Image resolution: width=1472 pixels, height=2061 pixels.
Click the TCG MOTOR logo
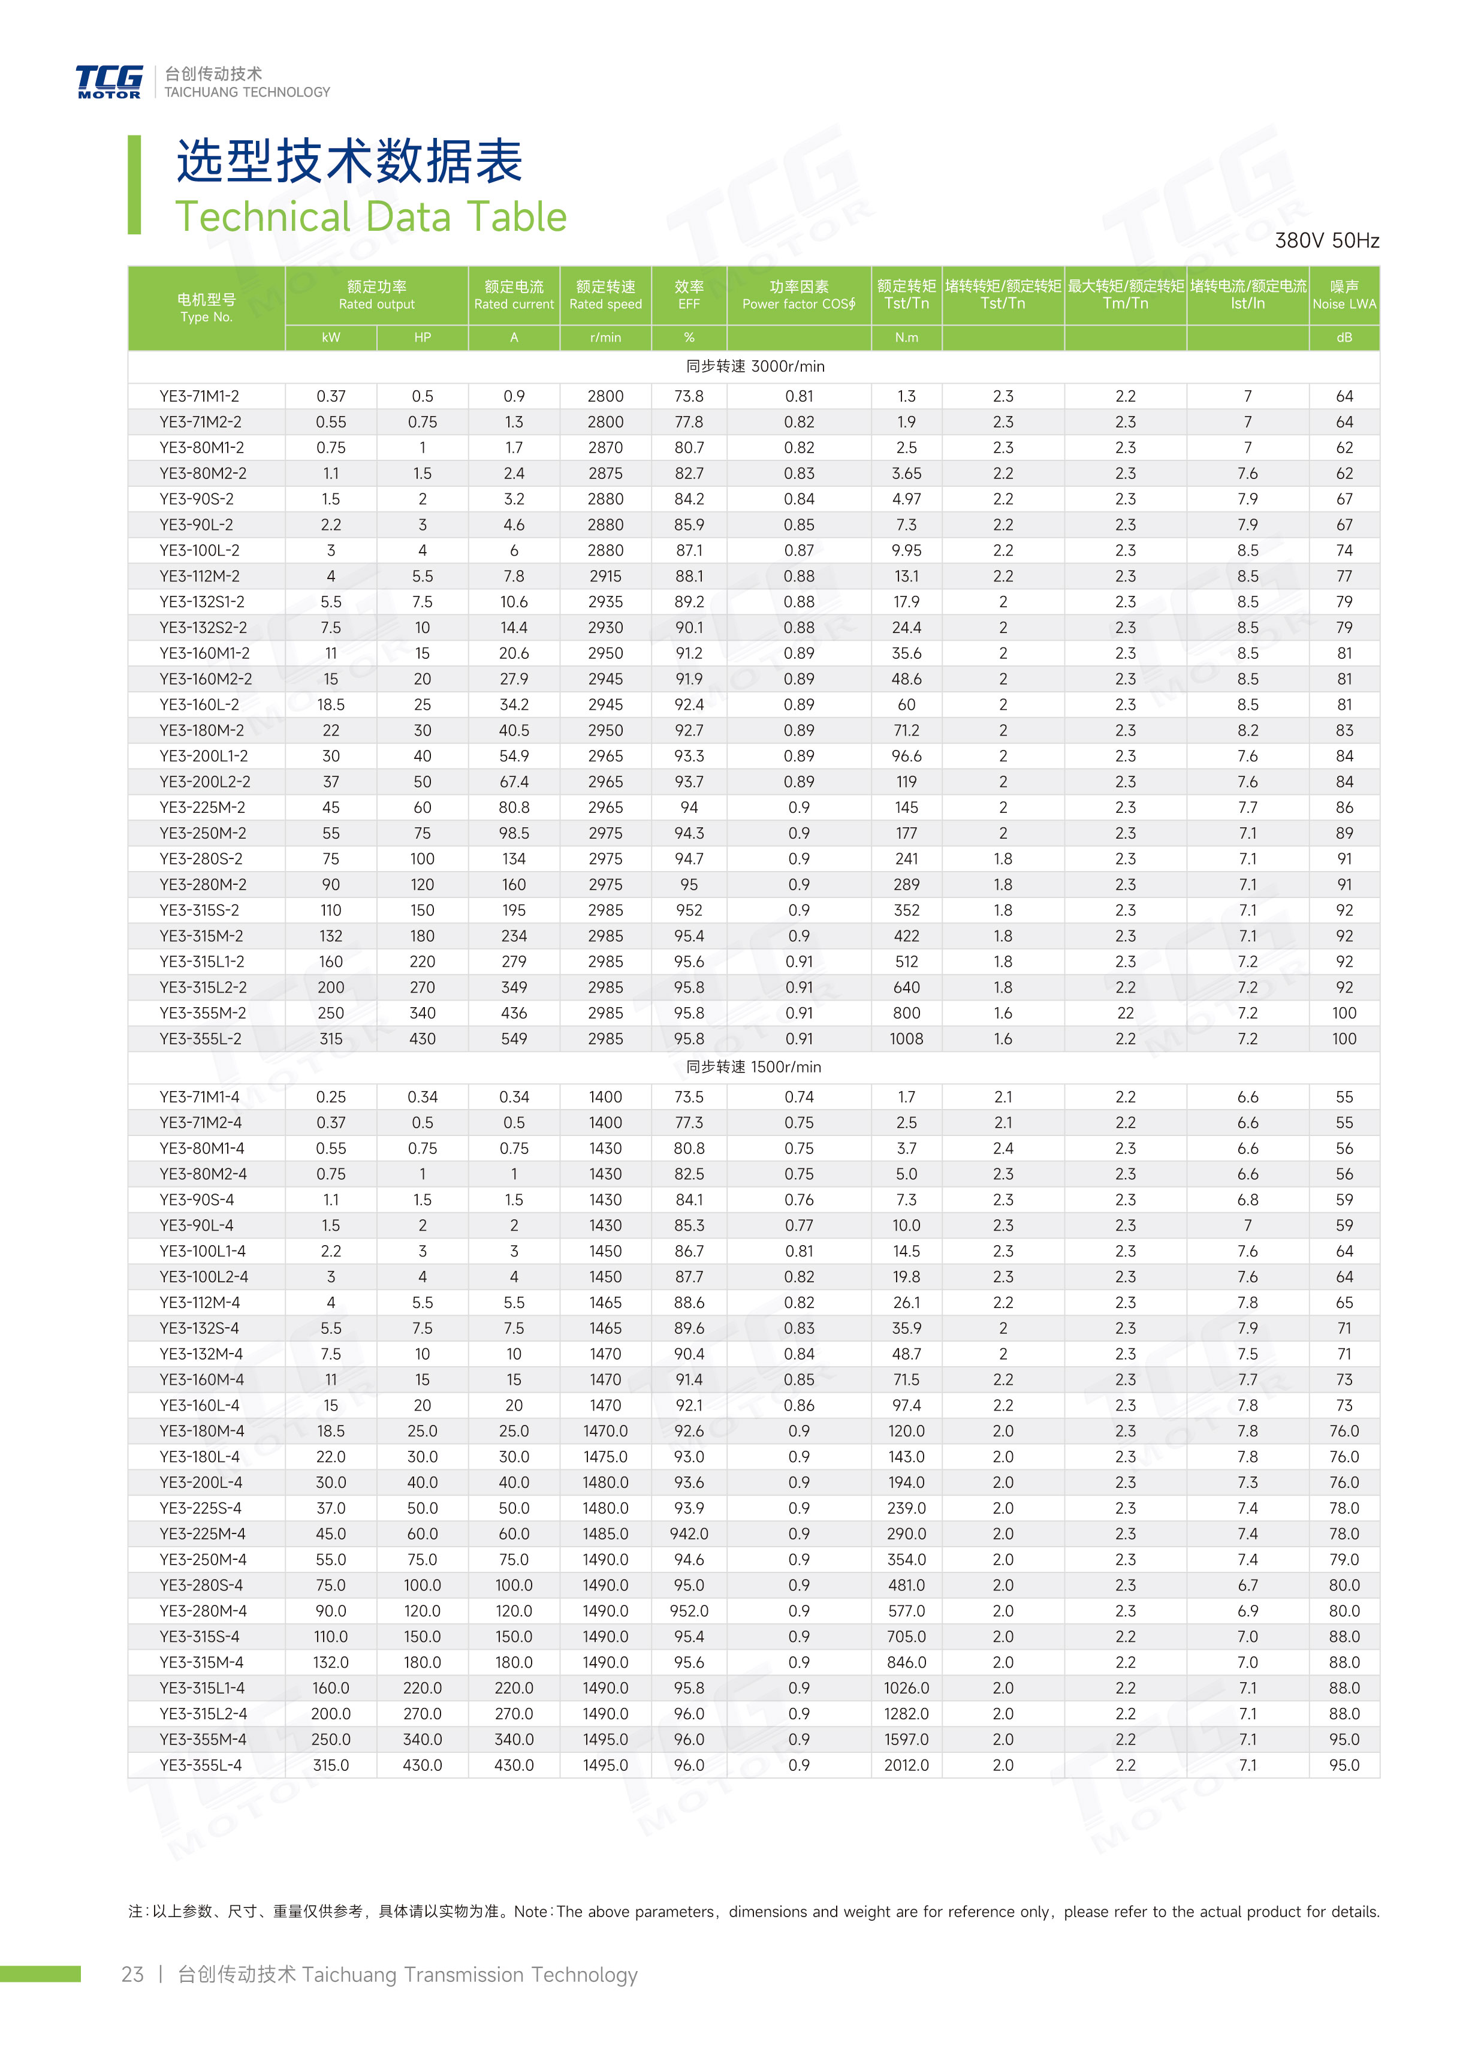coord(108,82)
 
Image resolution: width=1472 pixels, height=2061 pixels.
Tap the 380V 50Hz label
coord(1326,240)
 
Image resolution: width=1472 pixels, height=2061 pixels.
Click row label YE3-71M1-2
coord(200,396)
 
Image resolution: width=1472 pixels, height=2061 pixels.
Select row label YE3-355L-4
coord(200,1765)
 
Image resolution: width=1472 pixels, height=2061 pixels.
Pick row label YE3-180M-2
coord(200,730)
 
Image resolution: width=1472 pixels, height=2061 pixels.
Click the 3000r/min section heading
coord(754,366)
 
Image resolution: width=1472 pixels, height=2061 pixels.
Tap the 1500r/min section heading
coord(754,1066)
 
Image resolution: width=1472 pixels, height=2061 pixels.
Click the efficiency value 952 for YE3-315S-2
coord(689,910)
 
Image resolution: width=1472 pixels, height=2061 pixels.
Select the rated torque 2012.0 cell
coord(906,1765)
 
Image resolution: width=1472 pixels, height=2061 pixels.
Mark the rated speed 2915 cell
coord(605,575)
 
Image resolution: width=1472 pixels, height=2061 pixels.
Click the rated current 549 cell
coord(514,1039)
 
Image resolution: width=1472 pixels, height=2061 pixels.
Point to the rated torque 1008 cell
coord(906,1039)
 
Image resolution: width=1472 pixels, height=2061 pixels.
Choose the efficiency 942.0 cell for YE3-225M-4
coord(689,1533)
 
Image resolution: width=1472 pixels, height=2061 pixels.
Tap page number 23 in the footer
coord(132,1974)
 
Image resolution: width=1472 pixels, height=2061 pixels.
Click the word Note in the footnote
coord(530,1912)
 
